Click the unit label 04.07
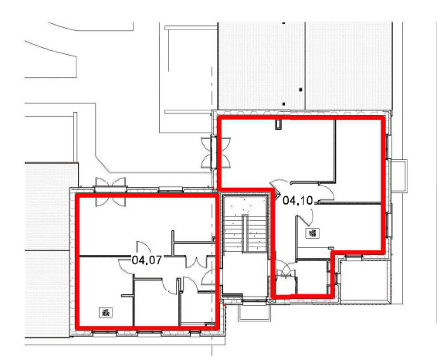(x=147, y=260)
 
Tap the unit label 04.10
(x=298, y=200)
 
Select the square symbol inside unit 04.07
(x=106, y=313)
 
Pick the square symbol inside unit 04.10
(x=313, y=233)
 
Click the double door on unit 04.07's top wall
(x=110, y=192)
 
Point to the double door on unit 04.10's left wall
(x=215, y=152)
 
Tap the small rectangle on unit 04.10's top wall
(x=279, y=124)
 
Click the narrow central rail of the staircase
(x=245, y=233)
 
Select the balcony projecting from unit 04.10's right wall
(x=399, y=175)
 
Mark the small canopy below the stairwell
(x=254, y=312)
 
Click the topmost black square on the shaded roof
(x=283, y=23)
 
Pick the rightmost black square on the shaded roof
(x=300, y=90)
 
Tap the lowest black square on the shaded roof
(x=283, y=104)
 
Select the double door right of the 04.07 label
(x=198, y=262)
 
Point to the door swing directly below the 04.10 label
(x=304, y=218)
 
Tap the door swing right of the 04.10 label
(x=326, y=192)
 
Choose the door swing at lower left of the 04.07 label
(x=127, y=267)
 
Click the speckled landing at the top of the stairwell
(x=245, y=205)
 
